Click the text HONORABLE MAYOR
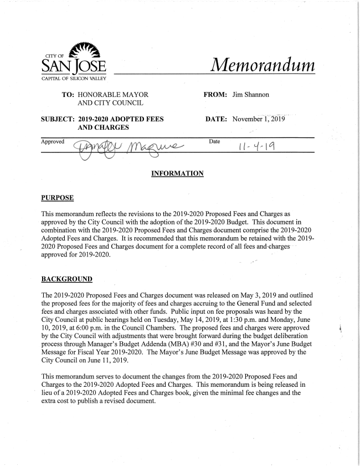(112, 96)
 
